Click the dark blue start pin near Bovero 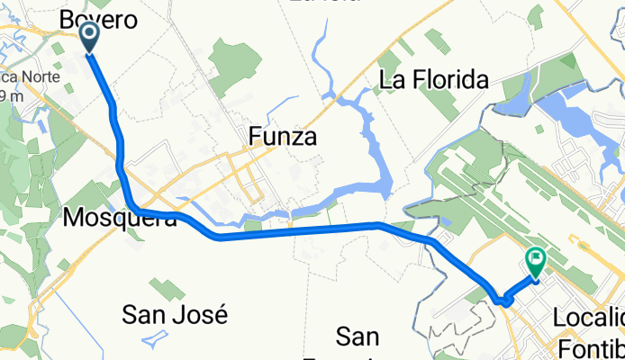point(91,37)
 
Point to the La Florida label point(434,80)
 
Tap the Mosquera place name point(120,218)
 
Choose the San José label point(175,315)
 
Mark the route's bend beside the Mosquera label point(133,209)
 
